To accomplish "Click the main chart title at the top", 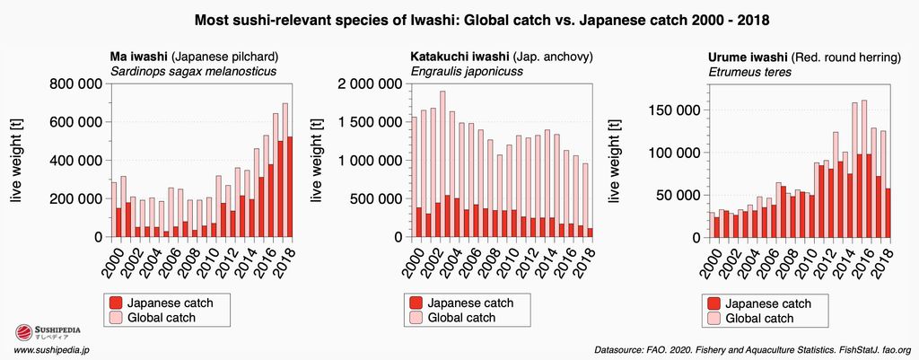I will (x=459, y=18).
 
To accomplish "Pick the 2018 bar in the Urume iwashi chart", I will (x=888, y=213).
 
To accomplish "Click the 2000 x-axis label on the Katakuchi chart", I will (x=415, y=261).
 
